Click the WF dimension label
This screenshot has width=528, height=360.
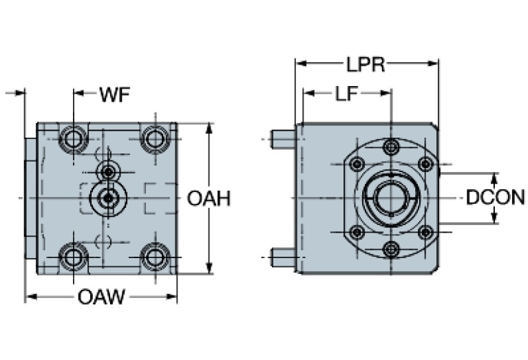coord(115,94)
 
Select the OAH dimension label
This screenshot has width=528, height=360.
coord(209,198)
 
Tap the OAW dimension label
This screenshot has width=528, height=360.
coord(101,297)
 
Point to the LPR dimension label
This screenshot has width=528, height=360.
coord(365,65)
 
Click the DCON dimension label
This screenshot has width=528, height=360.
coord(495,198)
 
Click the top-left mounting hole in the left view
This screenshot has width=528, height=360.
coord(72,139)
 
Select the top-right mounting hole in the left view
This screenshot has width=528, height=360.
coord(156,139)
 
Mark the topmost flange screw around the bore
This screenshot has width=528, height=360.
coord(391,147)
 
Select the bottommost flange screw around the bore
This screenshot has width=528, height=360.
coord(391,249)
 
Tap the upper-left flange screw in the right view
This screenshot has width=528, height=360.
coord(357,164)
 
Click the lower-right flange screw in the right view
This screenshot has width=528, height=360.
coord(425,233)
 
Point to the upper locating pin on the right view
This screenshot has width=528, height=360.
coord(283,140)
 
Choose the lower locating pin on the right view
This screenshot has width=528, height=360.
coord(283,257)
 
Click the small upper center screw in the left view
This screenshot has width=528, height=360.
coord(107,170)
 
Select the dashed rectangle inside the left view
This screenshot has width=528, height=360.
coord(159,198)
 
